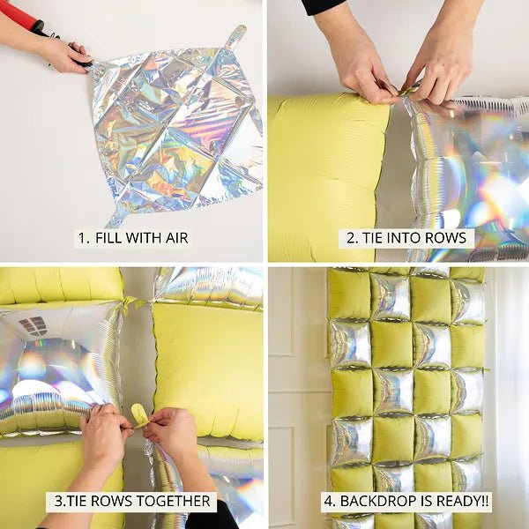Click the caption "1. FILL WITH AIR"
(x=132, y=237)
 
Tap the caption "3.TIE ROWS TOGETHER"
(x=131, y=502)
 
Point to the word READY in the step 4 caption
(x=447, y=502)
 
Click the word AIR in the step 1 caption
(x=175, y=237)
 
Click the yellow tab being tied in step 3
(x=138, y=414)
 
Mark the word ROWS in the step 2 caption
(x=449, y=238)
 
